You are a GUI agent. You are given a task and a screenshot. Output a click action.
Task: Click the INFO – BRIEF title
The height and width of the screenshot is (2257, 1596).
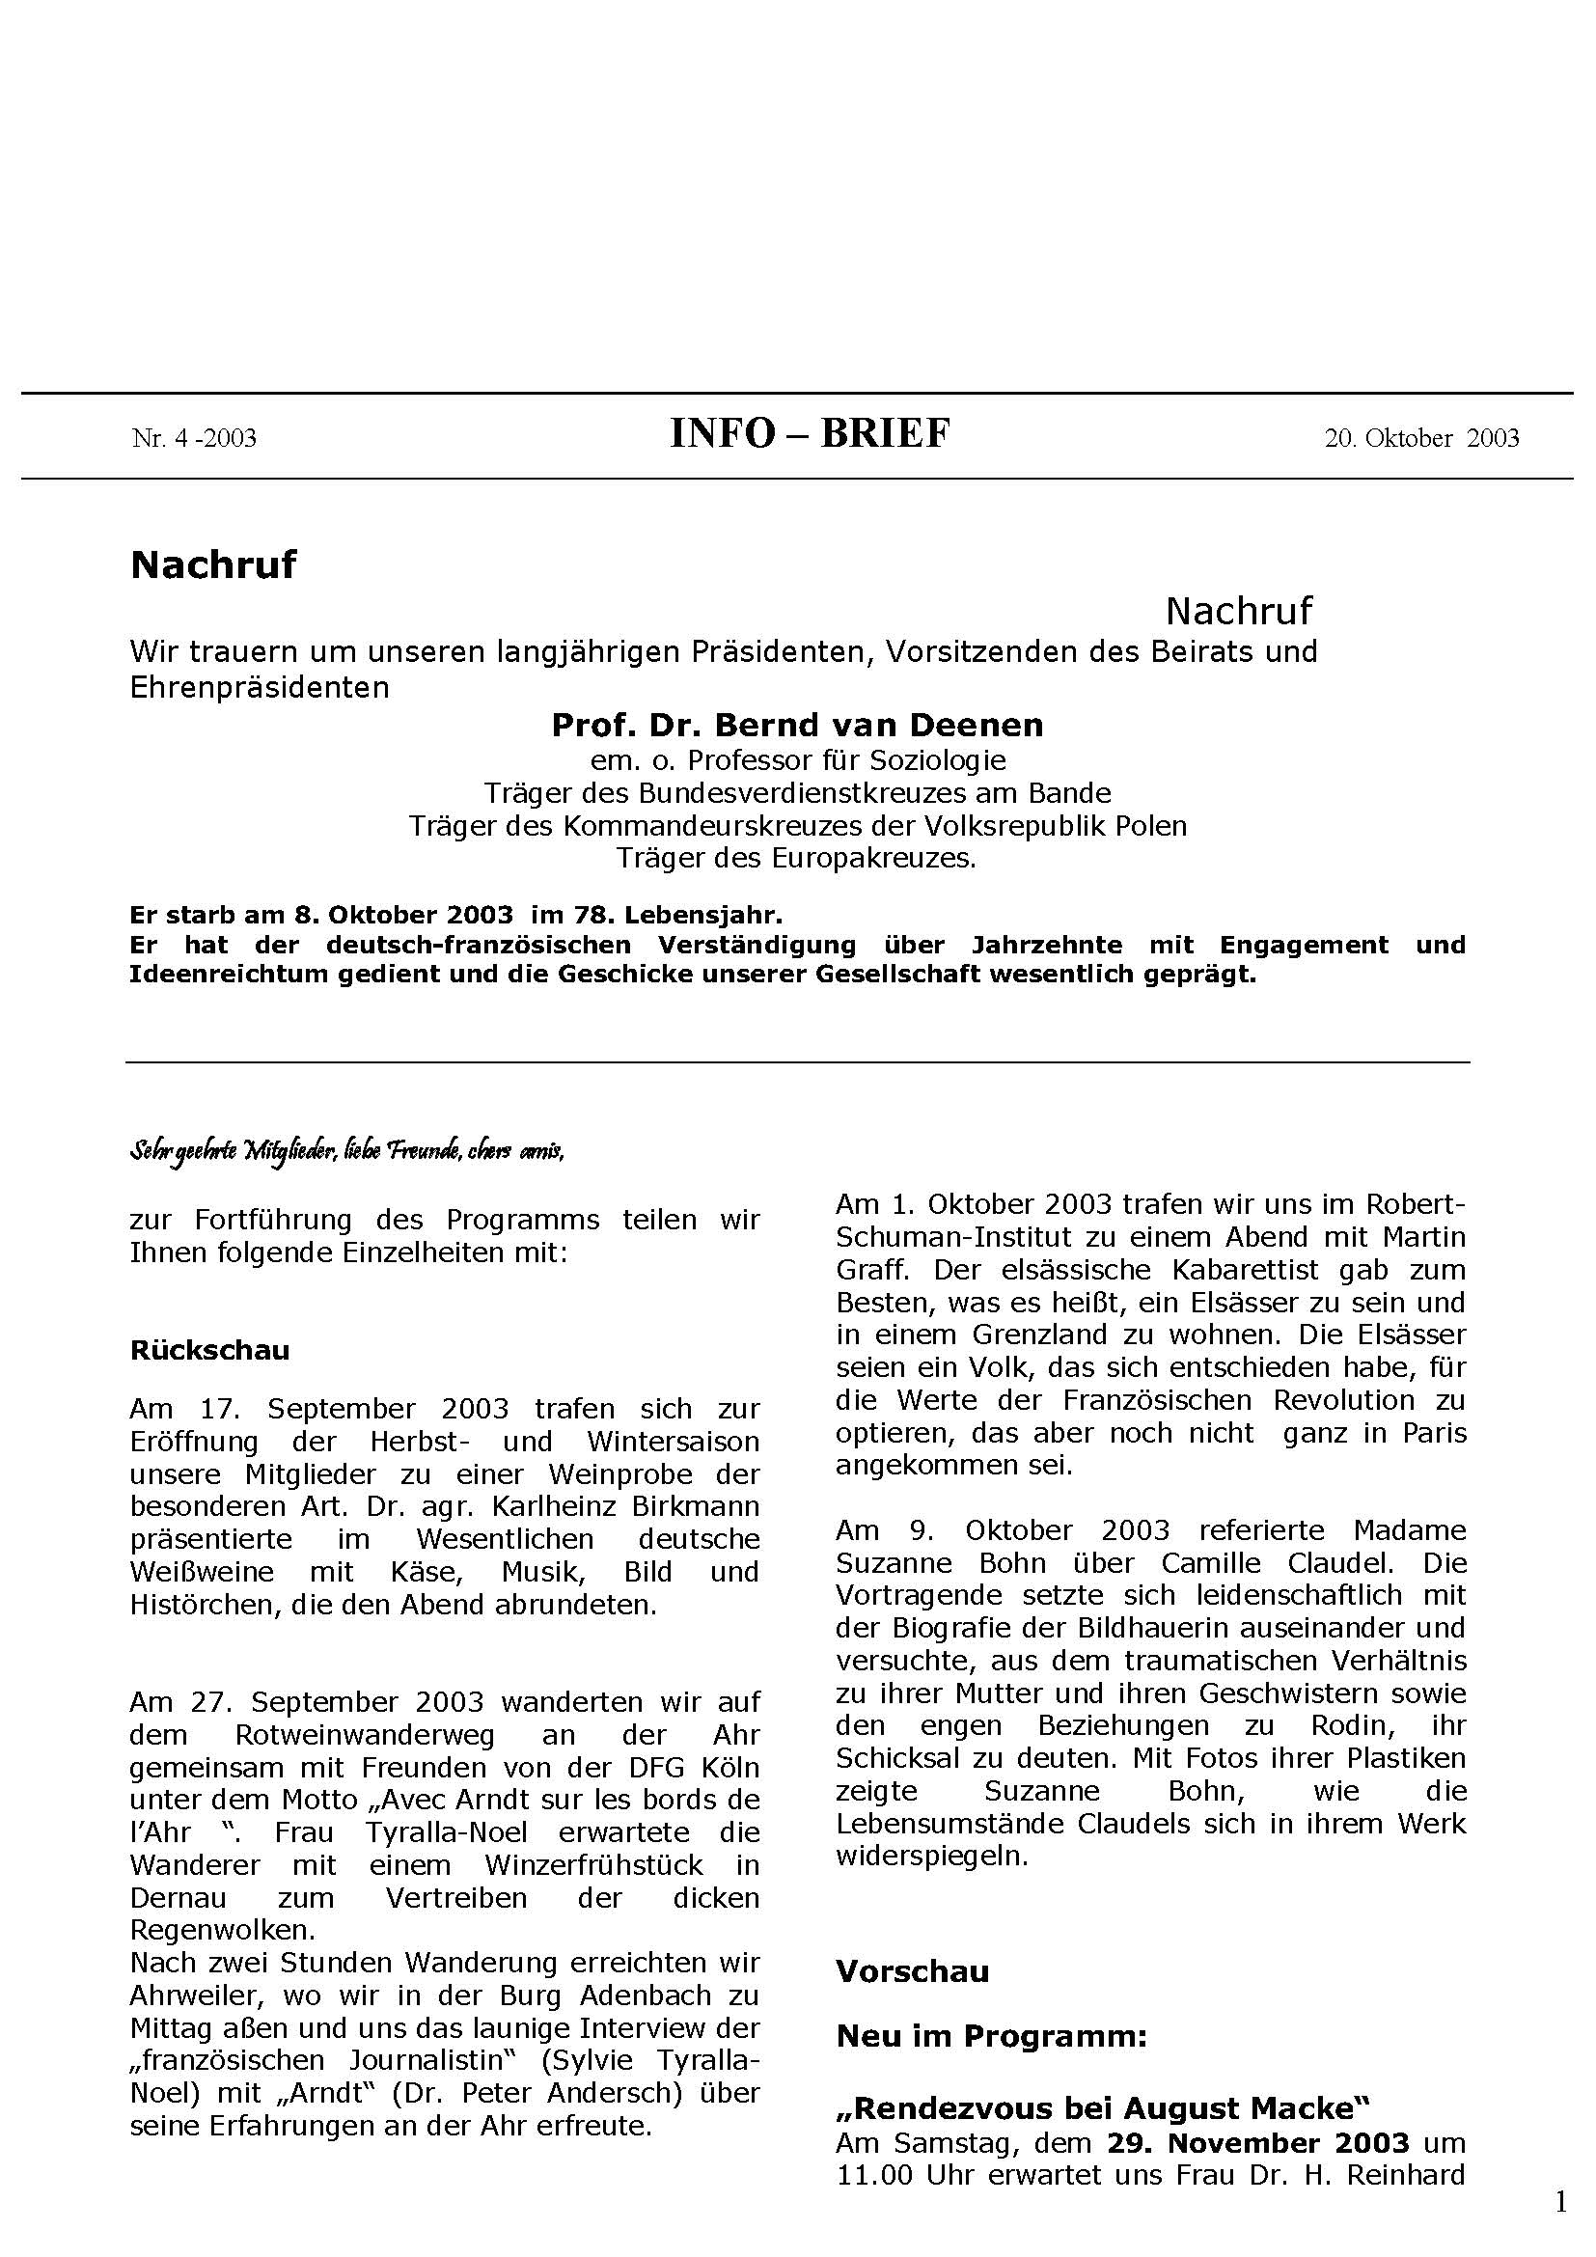coord(810,433)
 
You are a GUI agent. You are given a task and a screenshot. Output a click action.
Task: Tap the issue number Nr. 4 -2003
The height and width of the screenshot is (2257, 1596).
coord(194,438)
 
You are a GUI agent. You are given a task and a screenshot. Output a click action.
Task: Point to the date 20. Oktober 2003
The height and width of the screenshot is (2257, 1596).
coord(1421,438)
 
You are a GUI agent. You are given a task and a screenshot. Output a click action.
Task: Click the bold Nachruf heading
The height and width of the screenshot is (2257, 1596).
coord(213,565)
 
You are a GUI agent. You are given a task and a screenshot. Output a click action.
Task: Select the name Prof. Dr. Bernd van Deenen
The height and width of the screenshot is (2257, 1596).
coord(797,726)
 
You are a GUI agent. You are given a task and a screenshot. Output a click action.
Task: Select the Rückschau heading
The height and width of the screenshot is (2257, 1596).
coord(209,1350)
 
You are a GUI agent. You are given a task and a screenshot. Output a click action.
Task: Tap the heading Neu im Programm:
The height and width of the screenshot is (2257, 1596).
coord(992,2036)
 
